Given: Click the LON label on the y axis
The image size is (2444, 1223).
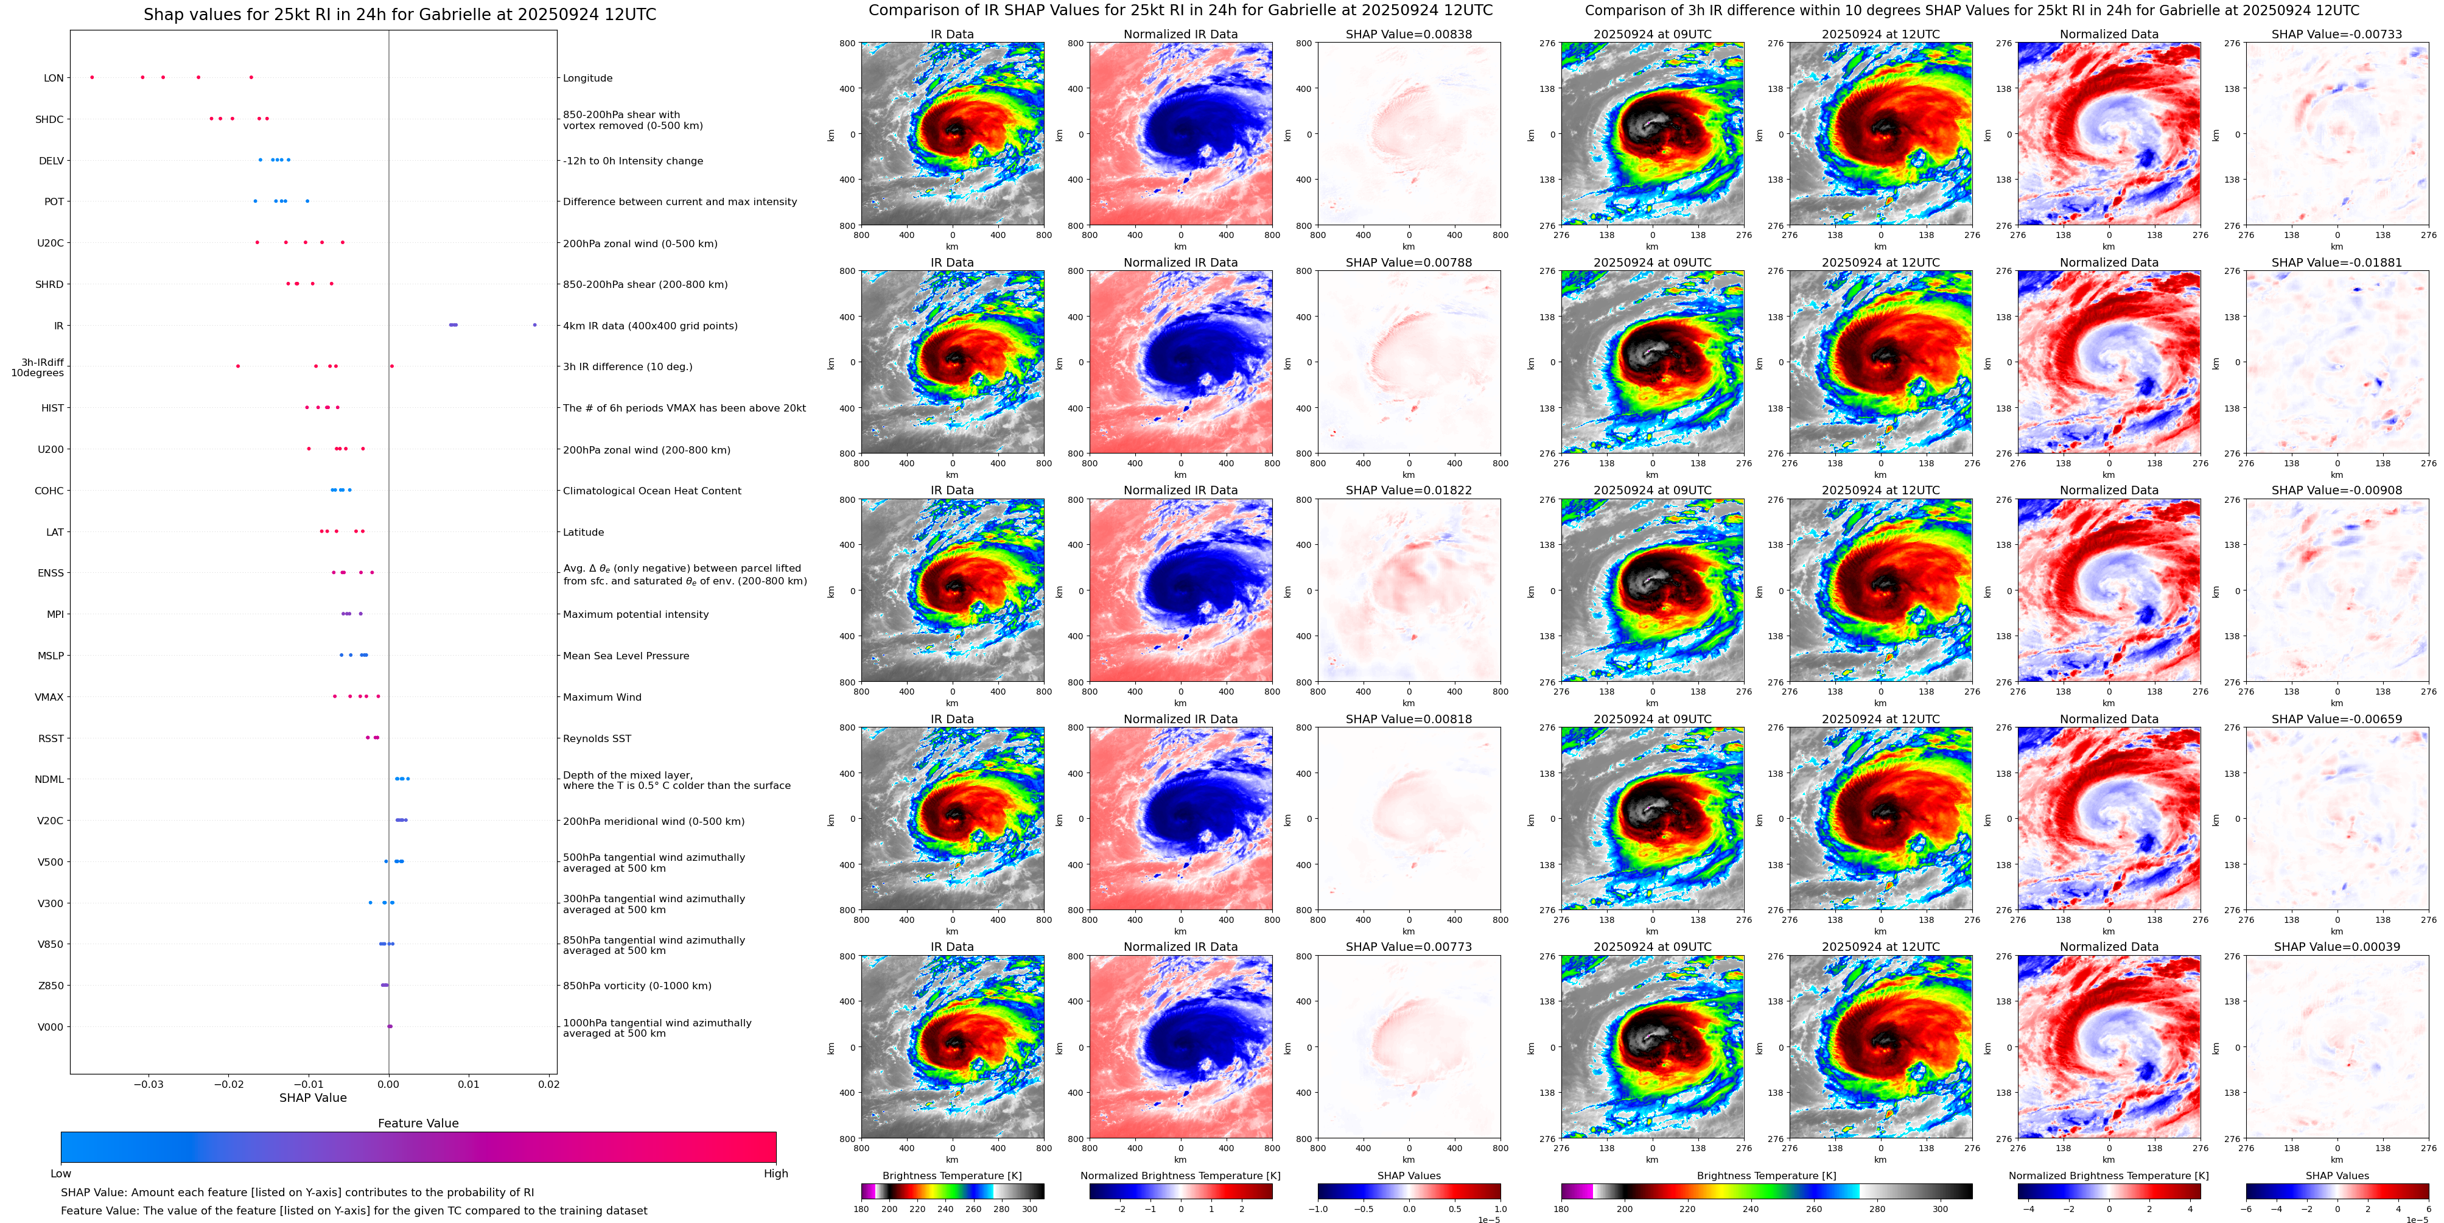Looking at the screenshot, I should coord(54,78).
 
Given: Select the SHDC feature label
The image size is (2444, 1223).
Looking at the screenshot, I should coord(49,119).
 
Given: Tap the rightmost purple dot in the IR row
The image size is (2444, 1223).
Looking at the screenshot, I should coord(535,326).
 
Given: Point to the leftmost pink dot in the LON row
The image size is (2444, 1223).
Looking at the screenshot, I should coord(92,77).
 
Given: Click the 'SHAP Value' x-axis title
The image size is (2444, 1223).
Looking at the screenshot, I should coord(312,1098).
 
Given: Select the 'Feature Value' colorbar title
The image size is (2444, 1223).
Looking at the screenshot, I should coord(418,1123).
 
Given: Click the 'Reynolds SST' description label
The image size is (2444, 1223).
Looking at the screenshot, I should coord(597,738).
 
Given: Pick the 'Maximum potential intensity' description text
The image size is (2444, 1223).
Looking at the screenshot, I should coord(636,615).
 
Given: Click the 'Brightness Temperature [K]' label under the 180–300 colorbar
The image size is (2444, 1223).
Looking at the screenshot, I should coord(951,1176).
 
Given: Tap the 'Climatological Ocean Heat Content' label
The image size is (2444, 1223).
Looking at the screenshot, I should coord(652,491).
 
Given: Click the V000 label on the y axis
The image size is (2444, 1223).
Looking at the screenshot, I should coord(51,1026).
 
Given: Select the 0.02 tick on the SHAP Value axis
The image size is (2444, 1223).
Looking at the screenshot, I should coord(548,1084).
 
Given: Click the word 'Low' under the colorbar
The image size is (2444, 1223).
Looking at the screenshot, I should coord(61,1174).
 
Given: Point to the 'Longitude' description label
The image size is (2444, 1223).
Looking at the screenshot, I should coord(587,78).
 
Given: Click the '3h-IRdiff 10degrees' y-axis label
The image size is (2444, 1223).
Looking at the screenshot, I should coord(38,367).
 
